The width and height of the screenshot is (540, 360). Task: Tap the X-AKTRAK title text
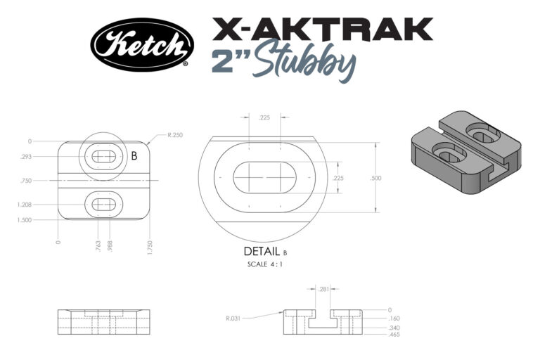(x=321, y=29)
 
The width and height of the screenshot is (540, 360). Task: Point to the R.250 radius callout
(x=176, y=134)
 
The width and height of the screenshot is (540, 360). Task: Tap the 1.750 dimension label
(x=150, y=245)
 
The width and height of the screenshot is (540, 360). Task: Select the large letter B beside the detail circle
(x=134, y=155)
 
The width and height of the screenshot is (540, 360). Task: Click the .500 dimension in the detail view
(x=375, y=179)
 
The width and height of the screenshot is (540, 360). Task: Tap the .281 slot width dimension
(x=323, y=288)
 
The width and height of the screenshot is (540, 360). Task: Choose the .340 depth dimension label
(x=394, y=328)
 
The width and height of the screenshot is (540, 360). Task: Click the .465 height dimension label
(x=394, y=335)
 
